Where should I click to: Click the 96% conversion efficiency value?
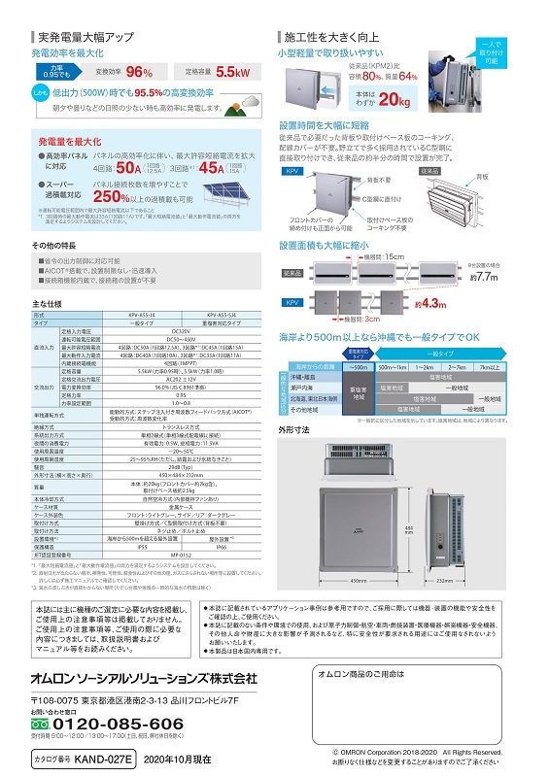140,73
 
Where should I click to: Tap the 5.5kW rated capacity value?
234,73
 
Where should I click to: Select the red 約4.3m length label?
433,304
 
